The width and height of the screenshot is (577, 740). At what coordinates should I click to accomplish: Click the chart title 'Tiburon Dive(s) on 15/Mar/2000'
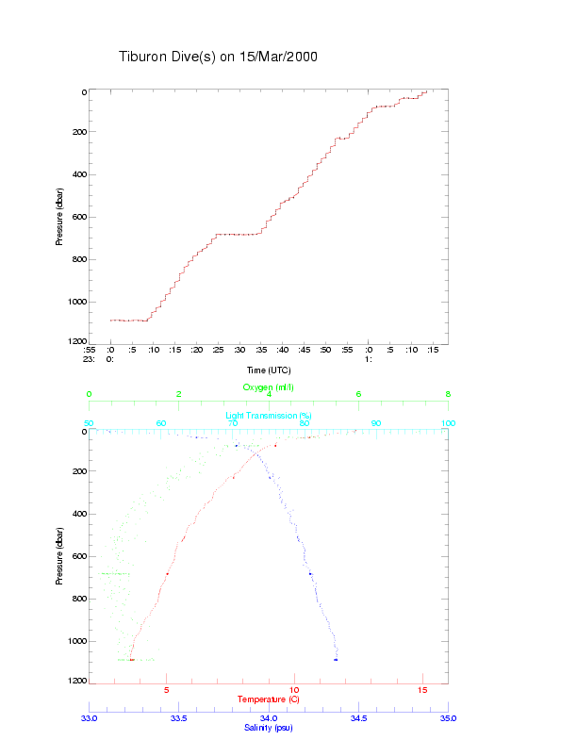pos(218,57)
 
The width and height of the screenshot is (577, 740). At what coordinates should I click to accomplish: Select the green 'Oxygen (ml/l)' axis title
pos(269,387)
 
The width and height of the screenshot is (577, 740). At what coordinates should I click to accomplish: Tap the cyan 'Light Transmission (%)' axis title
pos(269,416)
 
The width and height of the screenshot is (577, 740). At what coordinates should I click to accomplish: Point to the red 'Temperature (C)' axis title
pos(269,699)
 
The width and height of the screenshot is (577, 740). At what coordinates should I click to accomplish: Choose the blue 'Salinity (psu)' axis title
pos(269,728)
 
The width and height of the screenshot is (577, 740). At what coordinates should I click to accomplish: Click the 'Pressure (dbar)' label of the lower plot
pos(59,556)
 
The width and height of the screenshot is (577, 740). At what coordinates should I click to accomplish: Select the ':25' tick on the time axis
pos(218,350)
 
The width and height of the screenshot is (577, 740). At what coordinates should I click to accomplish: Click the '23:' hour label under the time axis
pos(89,359)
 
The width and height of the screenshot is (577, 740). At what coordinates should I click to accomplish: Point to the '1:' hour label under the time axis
pos(370,359)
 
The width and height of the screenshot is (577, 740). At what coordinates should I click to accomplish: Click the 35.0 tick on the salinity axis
pos(448,718)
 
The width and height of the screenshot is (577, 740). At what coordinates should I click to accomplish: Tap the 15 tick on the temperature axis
pos(422,691)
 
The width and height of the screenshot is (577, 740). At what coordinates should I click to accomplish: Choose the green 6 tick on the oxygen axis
pos(358,395)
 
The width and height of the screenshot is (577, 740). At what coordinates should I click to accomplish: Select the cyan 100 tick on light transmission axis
pos(448,423)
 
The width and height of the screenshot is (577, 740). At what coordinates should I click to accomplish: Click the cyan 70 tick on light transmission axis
pos(233,423)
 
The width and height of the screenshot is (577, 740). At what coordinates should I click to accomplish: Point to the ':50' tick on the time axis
pos(325,350)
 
